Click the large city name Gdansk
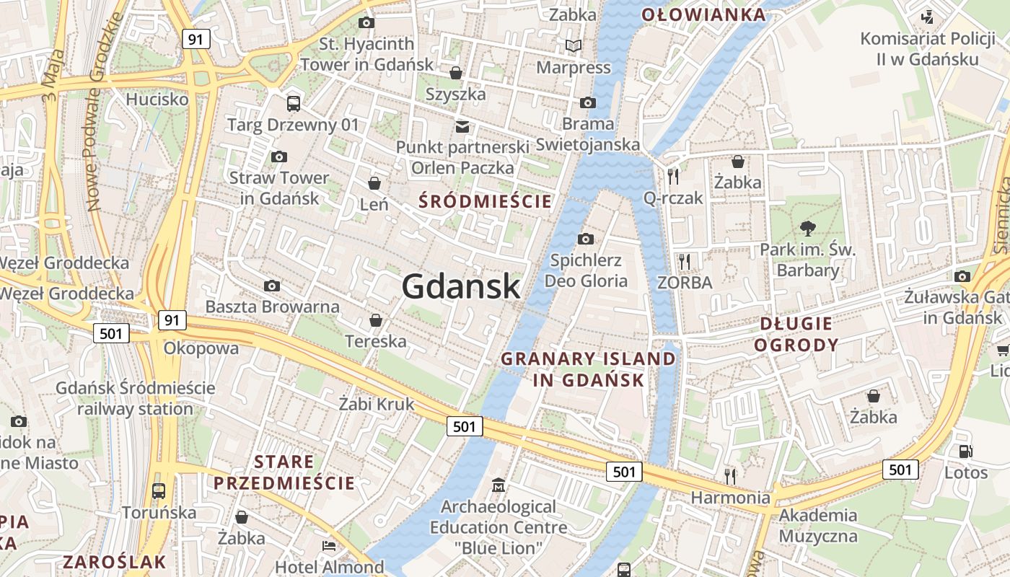[460, 286]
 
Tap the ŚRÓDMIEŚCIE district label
[486, 201]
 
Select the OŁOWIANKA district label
[703, 14]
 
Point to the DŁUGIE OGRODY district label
[796, 333]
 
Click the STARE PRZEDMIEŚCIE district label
[284, 472]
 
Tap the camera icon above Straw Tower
[279, 157]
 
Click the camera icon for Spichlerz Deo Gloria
[586, 239]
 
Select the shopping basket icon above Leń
[374, 183]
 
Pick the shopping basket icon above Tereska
[375, 320]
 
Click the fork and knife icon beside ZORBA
[685, 261]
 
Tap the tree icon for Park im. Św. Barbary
[807, 229]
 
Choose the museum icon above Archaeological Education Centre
[499, 485]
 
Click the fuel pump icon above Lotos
[965, 452]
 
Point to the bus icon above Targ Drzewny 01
[293, 103]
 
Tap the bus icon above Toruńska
[159, 491]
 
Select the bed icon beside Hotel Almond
[329, 546]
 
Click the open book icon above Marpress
[574, 46]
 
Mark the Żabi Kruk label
[377, 404]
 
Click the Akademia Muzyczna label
[818, 526]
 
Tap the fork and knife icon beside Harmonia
[730, 476]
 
